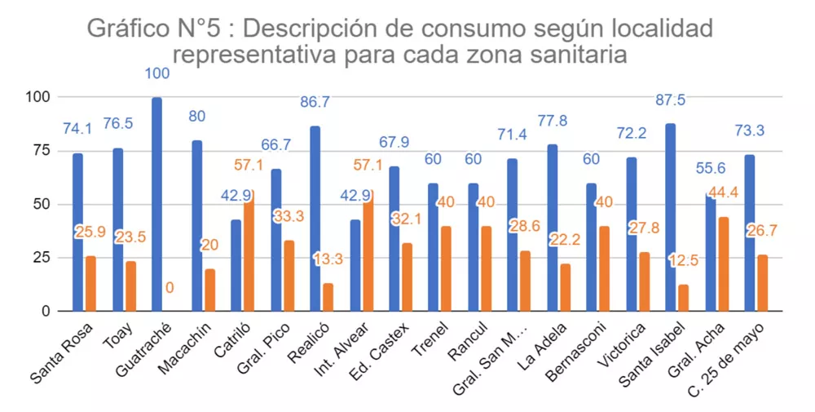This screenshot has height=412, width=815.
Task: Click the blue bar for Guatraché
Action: (156, 204)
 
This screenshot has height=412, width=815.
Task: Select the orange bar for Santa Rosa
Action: (90, 283)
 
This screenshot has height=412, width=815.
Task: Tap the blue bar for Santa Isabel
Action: (670, 217)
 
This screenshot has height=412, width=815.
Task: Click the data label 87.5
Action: (672, 100)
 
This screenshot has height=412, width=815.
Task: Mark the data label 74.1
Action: (78, 128)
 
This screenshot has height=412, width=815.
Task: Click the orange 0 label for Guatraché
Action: (170, 287)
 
